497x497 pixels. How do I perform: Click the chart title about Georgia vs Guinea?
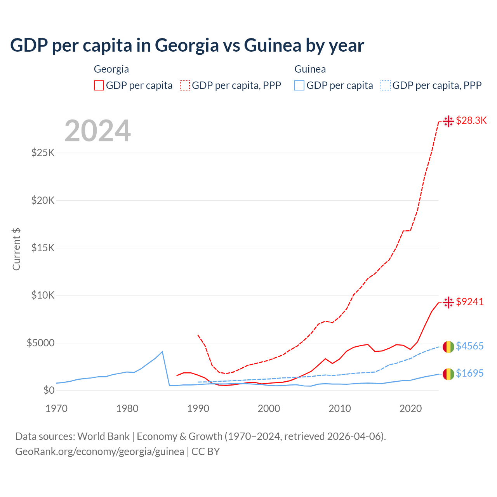(x=187, y=45)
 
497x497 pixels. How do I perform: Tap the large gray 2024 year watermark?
(x=97, y=131)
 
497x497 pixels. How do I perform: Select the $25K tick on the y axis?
(x=43, y=153)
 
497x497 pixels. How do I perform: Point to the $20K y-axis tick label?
(x=43, y=200)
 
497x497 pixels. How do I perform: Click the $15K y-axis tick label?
(x=43, y=248)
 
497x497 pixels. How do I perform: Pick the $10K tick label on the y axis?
(x=43, y=295)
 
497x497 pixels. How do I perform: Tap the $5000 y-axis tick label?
(x=40, y=343)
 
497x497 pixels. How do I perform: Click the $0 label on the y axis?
(x=49, y=390)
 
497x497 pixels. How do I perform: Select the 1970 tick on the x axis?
(x=56, y=408)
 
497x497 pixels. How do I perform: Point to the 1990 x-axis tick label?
(x=198, y=408)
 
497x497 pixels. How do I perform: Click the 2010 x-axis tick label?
(x=340, y=408)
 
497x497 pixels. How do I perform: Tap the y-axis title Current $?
(x=16, y=249)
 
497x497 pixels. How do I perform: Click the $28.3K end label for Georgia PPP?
(x=471, y=121)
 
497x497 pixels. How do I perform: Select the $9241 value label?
(x=470, y=302)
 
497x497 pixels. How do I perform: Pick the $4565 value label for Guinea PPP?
(x=470, y=346)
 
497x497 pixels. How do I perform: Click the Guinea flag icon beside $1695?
(x=448, y=374)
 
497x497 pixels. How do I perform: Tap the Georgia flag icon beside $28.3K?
(x=448, y=121)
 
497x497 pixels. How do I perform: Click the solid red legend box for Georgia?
(x=99, y=85)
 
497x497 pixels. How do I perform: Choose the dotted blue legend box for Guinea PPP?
(x=386, y=85)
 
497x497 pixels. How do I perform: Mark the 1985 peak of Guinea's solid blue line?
(x=162, y=352)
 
